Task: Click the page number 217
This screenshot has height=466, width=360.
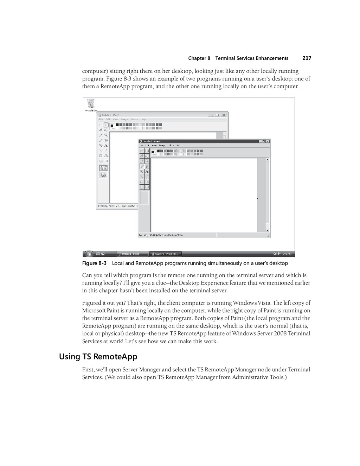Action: coord(307,58)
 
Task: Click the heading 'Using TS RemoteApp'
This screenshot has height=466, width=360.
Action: coord(98,357)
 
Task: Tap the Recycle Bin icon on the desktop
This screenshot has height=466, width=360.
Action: coord(91,104)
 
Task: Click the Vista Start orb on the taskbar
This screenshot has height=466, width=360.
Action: coord(89,253)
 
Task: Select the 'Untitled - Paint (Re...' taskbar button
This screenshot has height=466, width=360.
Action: coord(166,254)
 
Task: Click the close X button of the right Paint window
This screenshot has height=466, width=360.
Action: coord(268,141)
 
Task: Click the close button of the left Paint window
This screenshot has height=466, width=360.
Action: coord(223,115)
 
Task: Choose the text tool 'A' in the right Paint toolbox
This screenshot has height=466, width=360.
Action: coord(147,172)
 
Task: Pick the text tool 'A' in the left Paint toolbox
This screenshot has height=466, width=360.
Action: coord(106,146)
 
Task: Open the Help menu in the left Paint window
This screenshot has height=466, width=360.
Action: coord(143,119)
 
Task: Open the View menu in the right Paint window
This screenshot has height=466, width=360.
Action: coord(154,145)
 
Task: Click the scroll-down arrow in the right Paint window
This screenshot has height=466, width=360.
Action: coord(267,230)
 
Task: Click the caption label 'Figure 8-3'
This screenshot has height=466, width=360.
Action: coord(94,263)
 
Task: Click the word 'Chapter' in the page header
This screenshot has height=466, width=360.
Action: coord(197,58)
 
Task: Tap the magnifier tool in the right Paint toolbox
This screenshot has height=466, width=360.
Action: coord(147,161)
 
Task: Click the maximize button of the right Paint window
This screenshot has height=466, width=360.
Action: coord(264,141)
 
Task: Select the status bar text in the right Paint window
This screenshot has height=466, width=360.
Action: coord(161,235)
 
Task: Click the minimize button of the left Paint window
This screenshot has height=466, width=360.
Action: coord(211,115)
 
